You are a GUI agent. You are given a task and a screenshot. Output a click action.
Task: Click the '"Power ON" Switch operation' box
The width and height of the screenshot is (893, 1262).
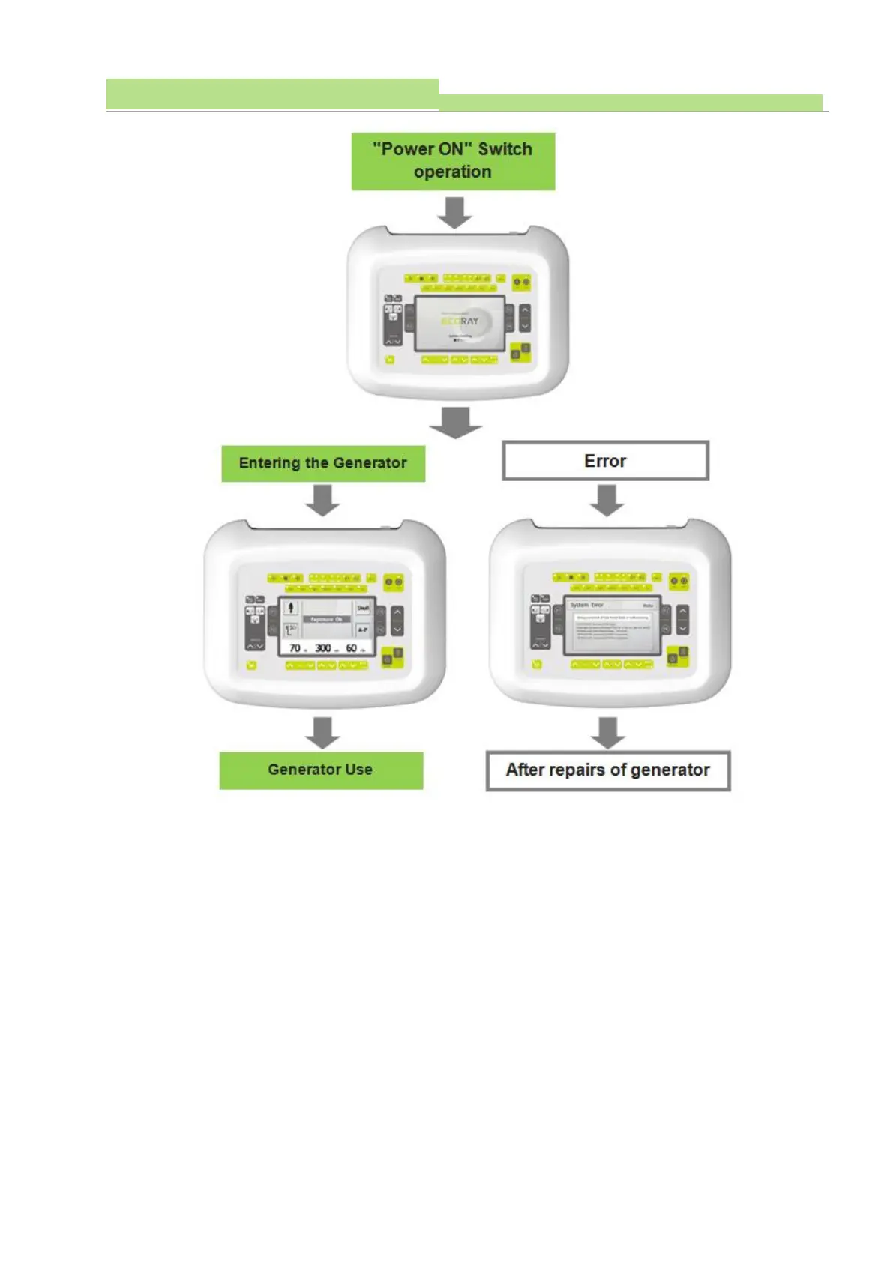click(453, 161)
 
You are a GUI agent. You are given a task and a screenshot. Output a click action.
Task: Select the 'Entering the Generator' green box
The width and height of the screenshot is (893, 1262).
click(323, 463)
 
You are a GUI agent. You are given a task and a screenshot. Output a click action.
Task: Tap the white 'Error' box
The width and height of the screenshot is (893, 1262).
click(605, 461)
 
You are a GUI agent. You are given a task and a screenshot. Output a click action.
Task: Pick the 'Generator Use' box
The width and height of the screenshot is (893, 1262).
click(321, 770)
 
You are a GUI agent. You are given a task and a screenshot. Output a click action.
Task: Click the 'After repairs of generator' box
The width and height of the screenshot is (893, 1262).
click(608, 770)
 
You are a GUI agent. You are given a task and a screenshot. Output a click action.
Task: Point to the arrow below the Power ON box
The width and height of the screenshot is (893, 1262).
click(454, 212)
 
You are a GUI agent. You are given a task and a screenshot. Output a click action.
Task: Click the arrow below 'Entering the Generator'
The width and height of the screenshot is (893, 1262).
click(323, 500)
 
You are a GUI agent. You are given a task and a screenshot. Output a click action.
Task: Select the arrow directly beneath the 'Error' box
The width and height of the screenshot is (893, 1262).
click(607, 500)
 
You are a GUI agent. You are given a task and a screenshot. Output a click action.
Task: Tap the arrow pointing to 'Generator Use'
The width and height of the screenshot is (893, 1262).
click(323, 732)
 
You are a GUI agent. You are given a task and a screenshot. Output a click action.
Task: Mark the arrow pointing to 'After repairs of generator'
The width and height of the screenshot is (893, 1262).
click(608, 732)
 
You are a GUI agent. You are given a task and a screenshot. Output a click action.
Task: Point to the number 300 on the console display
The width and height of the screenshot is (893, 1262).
click(323, 648)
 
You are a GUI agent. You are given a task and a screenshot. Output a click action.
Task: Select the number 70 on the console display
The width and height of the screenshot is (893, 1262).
click(295, 648)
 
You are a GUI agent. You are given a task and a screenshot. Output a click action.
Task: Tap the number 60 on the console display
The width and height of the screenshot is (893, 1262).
click(351, 648)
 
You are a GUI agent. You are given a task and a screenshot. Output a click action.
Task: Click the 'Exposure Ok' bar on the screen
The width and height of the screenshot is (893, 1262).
click(327, 620)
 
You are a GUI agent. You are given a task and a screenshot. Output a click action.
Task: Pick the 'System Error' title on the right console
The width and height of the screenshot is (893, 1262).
click(586, 605)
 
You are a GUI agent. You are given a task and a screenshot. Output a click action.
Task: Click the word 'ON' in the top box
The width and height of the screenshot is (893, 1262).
click(451, 149)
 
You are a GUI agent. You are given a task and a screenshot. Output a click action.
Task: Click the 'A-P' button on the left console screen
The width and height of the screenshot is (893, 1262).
click(363, 630)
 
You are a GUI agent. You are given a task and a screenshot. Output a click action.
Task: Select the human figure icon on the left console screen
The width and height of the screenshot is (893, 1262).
click(291, 608)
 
